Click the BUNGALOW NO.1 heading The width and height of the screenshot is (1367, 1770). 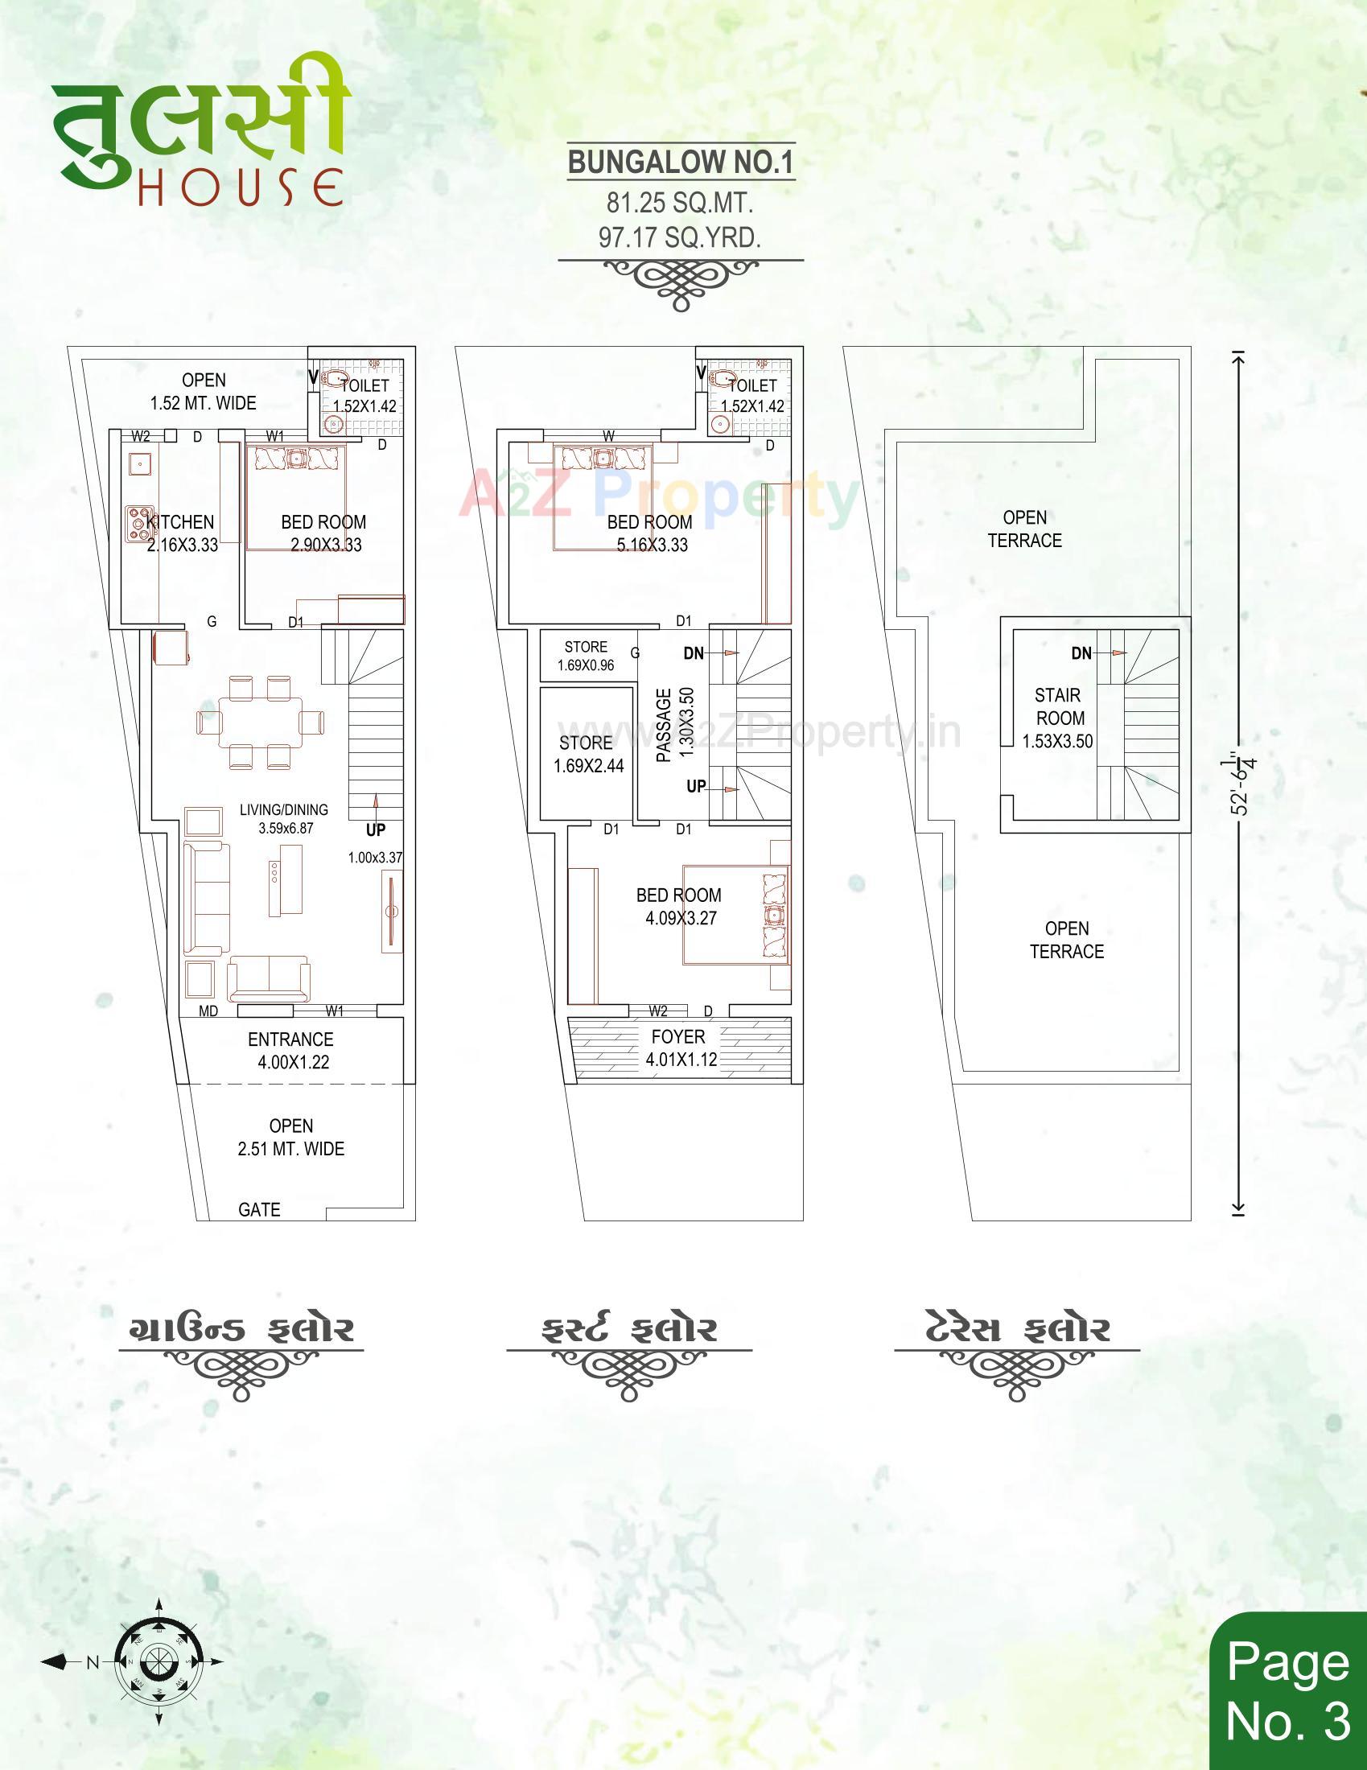click(x=680, y=162)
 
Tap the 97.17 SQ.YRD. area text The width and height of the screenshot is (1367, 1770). click(x=680, y=237)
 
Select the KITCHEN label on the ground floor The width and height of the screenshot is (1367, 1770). click(x=181, y=523)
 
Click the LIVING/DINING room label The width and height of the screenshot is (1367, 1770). click(x=283, y=809)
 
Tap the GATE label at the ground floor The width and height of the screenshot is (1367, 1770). click(x=259, y=1209)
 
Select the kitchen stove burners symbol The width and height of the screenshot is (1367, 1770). click(x=138, y=524)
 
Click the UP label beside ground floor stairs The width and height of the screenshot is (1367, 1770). click(x=375, y=830)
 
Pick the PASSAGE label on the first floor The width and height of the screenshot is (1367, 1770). click(x=664, y=725)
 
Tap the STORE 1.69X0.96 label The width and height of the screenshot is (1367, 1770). click(x=586, y=656)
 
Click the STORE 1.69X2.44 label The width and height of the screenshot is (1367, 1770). click(x=587, y=755)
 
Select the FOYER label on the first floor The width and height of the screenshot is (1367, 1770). click(x=678, y=1036)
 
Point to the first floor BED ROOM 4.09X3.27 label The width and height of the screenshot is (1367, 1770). click(x=679, y=906)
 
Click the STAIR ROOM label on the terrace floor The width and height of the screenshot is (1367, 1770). click(x=1058, y=706)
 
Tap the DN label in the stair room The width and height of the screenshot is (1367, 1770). click(x=1081, y=653)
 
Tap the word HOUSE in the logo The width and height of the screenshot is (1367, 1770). click(x=240, y=187)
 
